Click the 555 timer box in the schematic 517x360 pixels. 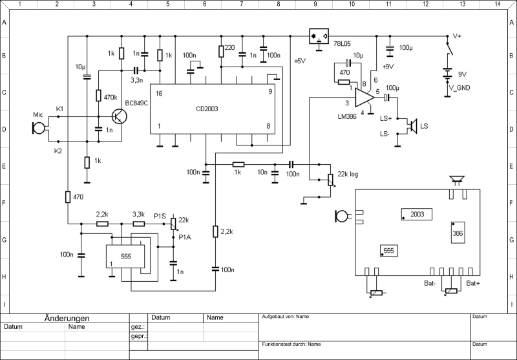tap(126, 256)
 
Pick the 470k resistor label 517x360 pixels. tap(111, 97)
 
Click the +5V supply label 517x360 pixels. tap(301, 61)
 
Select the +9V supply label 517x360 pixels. tap(389, 67)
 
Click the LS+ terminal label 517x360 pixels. tap(386, 119)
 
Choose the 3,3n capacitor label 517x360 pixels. tap(137, 80)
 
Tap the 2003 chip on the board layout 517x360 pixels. tap(417, 214)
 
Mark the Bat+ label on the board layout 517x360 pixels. tap(474, 284)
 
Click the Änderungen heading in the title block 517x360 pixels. tap(67, 318)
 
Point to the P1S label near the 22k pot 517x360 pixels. tap(160, 216)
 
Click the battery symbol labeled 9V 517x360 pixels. tap(445, 74)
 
